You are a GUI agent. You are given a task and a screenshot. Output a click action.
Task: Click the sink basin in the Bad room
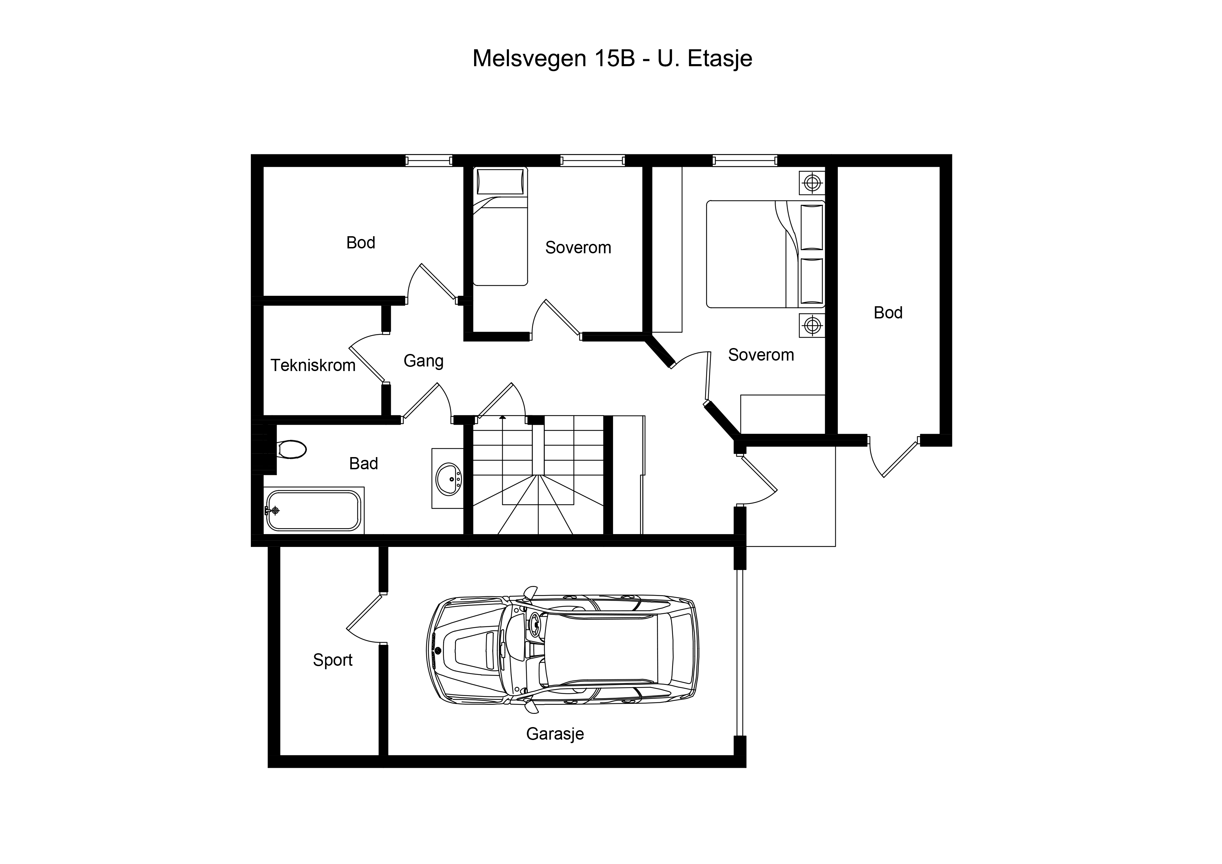tap(448, 479)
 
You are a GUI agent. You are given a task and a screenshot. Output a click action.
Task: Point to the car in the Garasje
tap(563, 650)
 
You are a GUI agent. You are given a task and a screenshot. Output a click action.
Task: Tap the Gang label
tap(424, 361)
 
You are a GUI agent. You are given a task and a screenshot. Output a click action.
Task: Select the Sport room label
tap(333, 660)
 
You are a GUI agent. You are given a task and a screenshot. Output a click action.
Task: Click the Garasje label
tap(555, 734)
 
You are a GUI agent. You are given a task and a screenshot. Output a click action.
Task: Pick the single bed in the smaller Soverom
tap(500, 226)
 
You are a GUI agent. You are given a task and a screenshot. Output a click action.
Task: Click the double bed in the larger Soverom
tap(765, 254)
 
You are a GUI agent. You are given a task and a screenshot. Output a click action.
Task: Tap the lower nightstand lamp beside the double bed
tap(812, 325)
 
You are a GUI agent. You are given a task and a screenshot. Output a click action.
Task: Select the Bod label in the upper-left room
tap(361, 243)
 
